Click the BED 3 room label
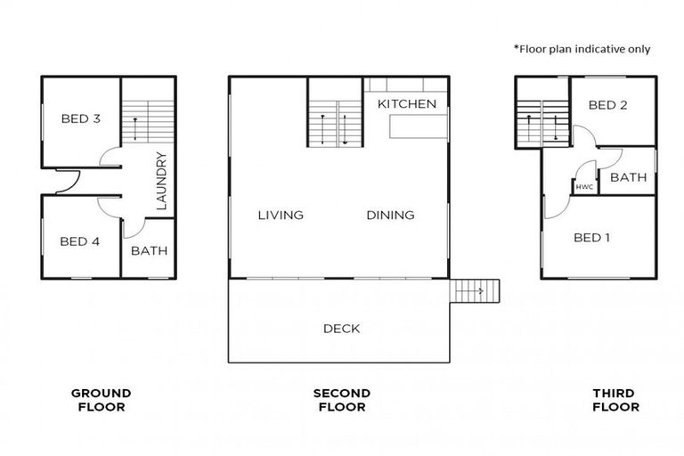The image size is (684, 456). coord(80,118)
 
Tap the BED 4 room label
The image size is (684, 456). coord(80,241)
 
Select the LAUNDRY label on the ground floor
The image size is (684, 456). coord(161,181)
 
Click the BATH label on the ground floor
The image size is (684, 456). coord(149,251)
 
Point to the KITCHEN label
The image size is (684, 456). coord(407,104)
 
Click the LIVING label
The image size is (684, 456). coord(281,215)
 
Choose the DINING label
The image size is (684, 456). coord(390,215)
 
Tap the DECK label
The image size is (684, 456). coord(341,329)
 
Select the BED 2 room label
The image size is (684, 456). coord(609,105)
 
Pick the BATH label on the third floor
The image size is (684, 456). coord(629,177)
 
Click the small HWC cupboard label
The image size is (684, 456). coord(584,187)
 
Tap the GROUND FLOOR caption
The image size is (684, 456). coord(101,400)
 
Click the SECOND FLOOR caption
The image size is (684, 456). coord(341,400)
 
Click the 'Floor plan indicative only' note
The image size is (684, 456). coord(581,48)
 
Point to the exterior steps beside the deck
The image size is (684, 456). coord(475,291)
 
